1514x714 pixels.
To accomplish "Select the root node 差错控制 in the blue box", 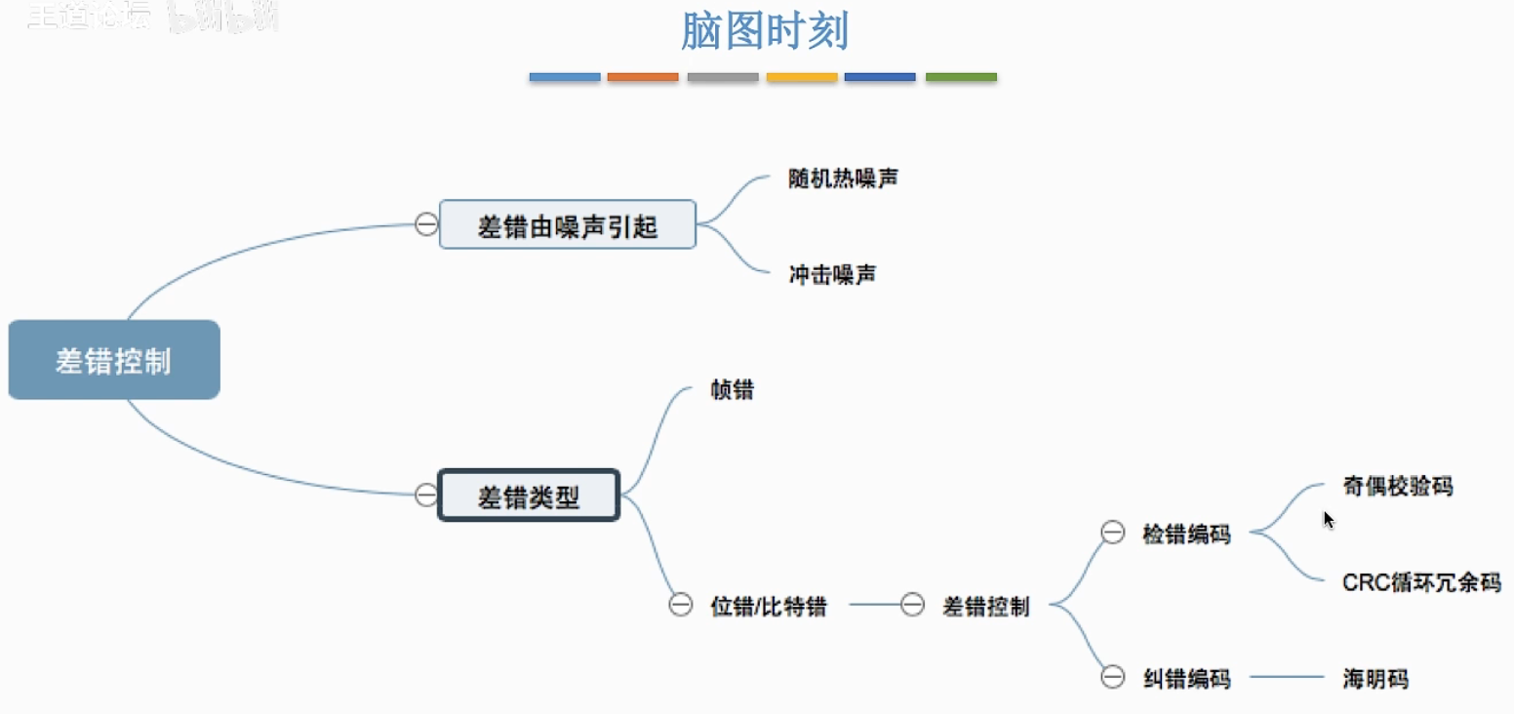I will tap(114, 360).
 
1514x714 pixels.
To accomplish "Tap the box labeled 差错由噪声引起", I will tap(567, 225).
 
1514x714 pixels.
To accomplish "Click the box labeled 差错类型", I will tap(529, 496).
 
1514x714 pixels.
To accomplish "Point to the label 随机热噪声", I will tap(843, 179).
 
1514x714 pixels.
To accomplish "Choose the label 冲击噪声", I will tap(832, 275).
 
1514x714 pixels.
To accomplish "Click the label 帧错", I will tap(732, 391).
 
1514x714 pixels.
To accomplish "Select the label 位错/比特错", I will tap(769, 606).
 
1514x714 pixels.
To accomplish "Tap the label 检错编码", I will tap(1186, 534).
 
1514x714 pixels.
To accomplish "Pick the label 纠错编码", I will tap(1186, 678).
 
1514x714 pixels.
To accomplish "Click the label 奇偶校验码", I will tap(1397, 486).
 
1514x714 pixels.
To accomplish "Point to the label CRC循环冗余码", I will tap(1420, 582).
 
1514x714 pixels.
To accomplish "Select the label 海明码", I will tap(1375, 678).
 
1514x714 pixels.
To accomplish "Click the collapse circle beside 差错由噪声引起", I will tap(426, 224).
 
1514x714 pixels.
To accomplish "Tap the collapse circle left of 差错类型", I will tap(426, 495).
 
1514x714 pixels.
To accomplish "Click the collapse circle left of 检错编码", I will tap(1112, 533).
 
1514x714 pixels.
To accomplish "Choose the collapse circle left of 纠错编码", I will tap(1112, 677).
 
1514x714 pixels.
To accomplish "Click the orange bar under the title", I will tap(643, 76).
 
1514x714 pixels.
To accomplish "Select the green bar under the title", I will tap(961, 76).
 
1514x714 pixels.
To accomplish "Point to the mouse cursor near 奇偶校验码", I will tap(1328, 519).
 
